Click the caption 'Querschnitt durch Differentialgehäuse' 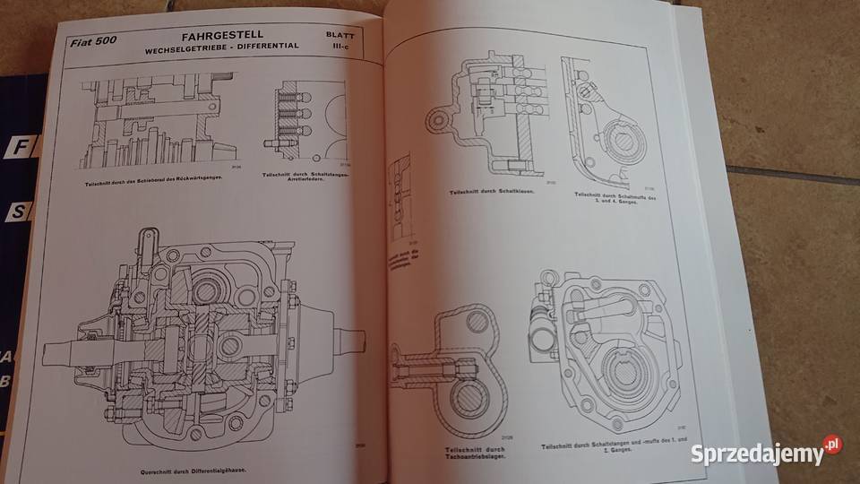point(189,470)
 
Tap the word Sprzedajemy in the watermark point(757,454)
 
